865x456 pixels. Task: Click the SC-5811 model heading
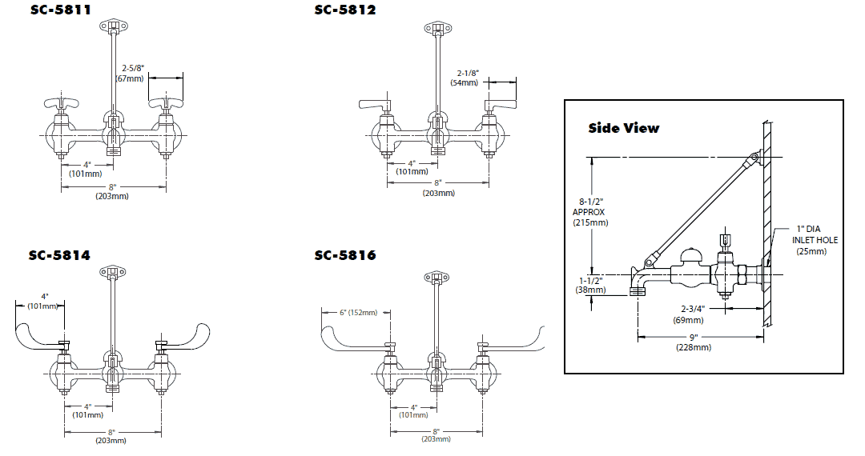point(60,10)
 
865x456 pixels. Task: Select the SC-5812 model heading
point(345,10)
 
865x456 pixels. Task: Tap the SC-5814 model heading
point(60,256)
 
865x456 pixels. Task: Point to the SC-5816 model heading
point(345,256)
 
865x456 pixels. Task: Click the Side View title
point(624,128)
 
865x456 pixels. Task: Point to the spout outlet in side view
point(638,291)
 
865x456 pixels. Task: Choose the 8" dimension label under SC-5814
point(111,435)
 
